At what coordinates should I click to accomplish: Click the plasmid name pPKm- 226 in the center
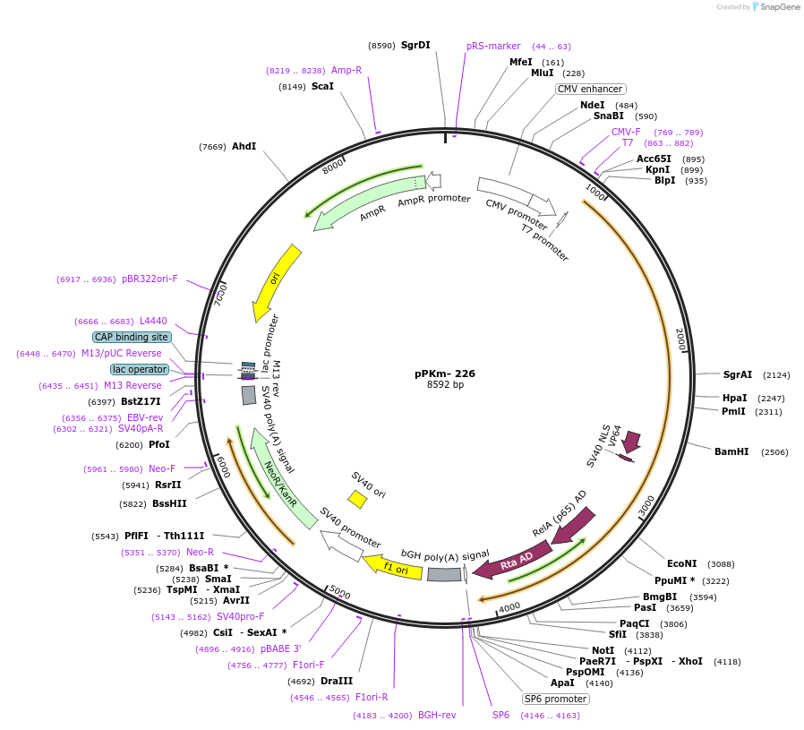(x=445, y=374)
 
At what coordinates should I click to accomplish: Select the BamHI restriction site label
(x=731, y=451)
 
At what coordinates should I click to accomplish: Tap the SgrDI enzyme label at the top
(x=415, y=45)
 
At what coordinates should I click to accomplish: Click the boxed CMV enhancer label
(x=590, y=89)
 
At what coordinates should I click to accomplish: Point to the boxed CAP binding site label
(x=132, y=337)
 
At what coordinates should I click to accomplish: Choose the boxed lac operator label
(x=140, y=369)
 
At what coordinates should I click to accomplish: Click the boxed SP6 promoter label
(x=555, y=699)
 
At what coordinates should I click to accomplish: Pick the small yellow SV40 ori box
(x=357, y=498)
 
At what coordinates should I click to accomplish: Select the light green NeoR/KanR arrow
(x=284, y=478)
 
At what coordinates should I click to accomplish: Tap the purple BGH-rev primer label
(x=437, y=715)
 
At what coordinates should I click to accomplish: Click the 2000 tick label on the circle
(x=680, y=339)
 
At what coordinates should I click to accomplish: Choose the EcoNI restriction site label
(x=681, y=563)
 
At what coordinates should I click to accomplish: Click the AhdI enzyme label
(x=244, y=146)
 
